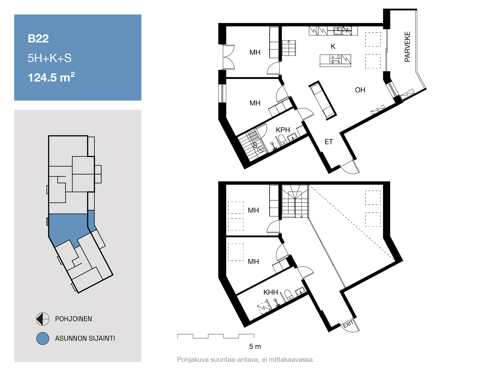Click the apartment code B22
pyautogui.click(x=38, y=39)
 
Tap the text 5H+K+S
pyautogui.click(x=50, y=58)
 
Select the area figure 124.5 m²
pyautogui.click(x=51, y=77)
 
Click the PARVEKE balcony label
pyautogui.click(x=407, y=47)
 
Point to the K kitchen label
pyautogui.click(x=333, y=46)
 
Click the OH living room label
pyautogui.click(x=360, y=90)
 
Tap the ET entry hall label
pyautogui.click(x=329, y=142)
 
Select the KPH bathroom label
pyautogui.click(x=283, y=130)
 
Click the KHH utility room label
pyautogui.click(x=271, y=292)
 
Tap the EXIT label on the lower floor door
pyautogui.click(x=348, y=324)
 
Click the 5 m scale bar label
pyautogui.click(x=255, y=347)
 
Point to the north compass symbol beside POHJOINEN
pyautogui.click(x=43, y=319)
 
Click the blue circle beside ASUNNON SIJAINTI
pyautogui.click(x=43, y=338)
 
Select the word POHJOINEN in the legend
pyautogui.click(x=73, y=319)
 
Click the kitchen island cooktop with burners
pyautogui.click(x=335, y=59)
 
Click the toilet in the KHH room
pyautogui.click(x=288, y=294)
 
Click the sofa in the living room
pyautogui.click(x=323, y=100)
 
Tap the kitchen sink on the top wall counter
pyautogui.click(x=338, y=31)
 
